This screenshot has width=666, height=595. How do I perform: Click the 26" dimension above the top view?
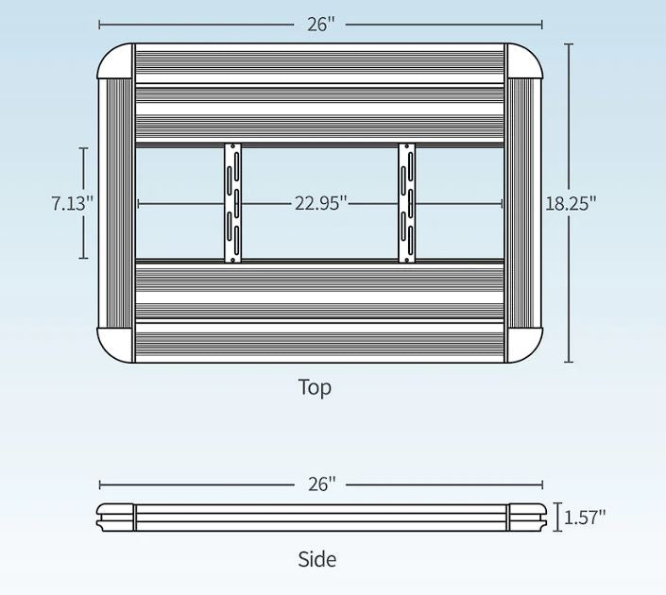321,25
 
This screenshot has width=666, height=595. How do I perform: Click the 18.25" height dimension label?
571,203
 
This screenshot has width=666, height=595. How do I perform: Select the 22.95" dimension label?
321,203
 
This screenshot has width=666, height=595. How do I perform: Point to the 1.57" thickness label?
585,517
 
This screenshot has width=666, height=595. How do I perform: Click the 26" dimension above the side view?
321,484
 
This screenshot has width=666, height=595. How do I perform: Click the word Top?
315,387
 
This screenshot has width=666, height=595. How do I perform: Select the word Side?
316,559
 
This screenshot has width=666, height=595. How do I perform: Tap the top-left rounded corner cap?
115,61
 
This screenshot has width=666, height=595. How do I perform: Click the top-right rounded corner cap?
524,61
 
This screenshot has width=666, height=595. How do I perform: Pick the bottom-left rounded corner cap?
115,345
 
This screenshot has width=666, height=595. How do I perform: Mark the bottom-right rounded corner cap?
524,345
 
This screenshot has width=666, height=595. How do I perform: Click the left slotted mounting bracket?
231,203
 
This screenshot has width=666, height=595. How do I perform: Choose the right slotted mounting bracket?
406,203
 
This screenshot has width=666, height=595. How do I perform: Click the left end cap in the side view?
115,517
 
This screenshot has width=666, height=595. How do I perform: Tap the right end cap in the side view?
525,517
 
